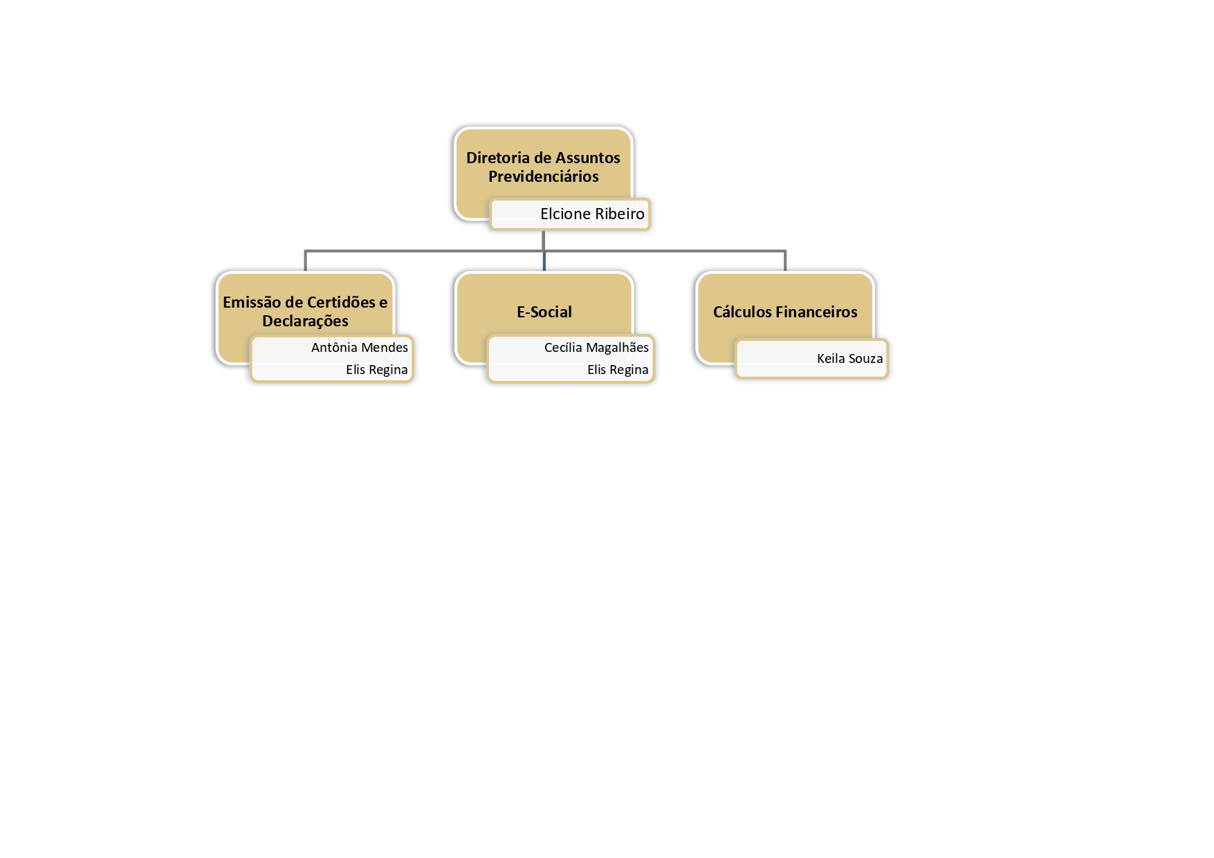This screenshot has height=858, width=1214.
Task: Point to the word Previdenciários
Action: [544, 176]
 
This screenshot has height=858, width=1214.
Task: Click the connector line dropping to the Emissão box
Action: [305, 261]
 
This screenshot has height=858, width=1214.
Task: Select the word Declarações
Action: [305, 321]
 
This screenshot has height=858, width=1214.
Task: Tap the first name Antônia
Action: [333, 347]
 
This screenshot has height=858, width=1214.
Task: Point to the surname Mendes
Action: [384, 347]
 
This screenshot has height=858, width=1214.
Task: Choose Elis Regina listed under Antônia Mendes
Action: [377, 370]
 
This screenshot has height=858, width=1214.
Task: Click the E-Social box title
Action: [544, 312]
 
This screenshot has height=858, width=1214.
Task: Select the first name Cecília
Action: [563, 347]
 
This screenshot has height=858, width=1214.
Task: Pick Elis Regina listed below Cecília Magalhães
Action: [618, 370]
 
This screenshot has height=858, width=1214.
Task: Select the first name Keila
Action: [831, 358]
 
